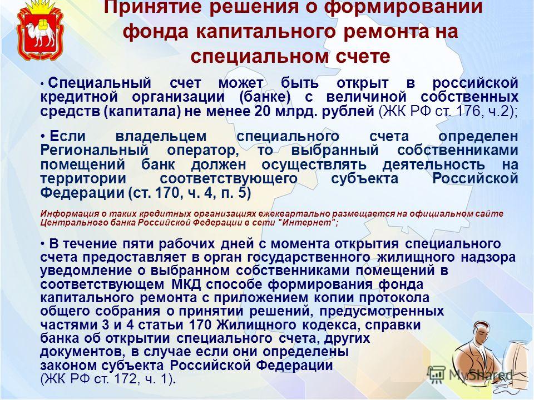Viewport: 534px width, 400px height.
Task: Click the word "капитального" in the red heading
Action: [x=267, y=32]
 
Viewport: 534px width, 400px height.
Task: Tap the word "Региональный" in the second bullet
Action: [x=95, y=151]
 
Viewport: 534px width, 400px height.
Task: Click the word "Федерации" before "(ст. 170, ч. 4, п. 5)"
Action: [x=82, y=193]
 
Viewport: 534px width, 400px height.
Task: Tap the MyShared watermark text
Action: [x=481, y=375]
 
